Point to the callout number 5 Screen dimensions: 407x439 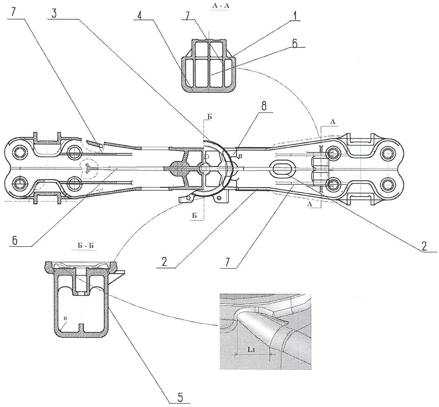(180, 397)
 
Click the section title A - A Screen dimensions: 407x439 (220, 6)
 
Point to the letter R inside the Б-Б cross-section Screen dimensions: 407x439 (65, 318)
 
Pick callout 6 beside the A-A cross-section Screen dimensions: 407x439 (294, 44)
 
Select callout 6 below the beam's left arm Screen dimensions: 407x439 (14, 241)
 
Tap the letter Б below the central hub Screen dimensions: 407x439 (194, 216)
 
